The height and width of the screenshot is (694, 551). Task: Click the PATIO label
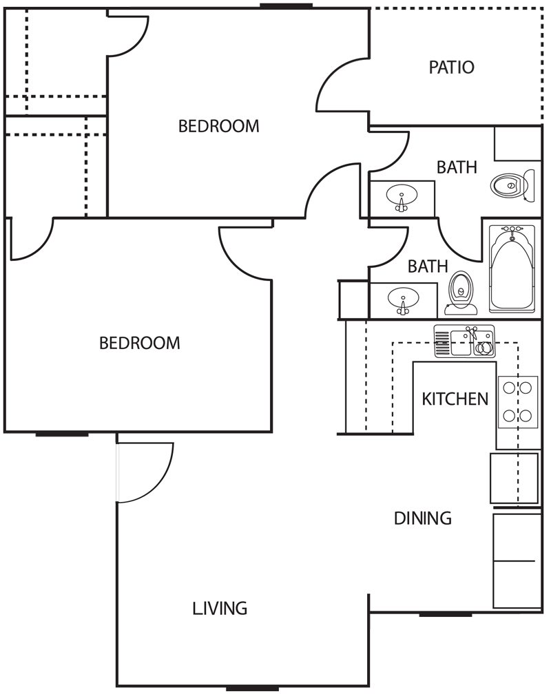pyautogui.click(x=452, y=67)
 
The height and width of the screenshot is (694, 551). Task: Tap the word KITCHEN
pyautogui.click(x=455, y=399)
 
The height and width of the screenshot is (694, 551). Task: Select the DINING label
pyautogui.click(x=422, y=518)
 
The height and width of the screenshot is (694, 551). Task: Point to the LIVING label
pyautogui.click(x=220, y=609)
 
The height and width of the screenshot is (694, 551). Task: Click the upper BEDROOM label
pyautogui.click(x=218, y=127)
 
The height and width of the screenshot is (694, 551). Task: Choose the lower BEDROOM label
pyautogui.click(x=140, y=343)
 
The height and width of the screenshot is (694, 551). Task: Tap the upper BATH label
pyautogui.click(x=457, y=167)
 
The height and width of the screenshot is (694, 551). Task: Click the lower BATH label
pyautogui.click(x=428, y=266)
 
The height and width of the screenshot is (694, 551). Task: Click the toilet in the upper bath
pyautogui.click(x=511, y=185)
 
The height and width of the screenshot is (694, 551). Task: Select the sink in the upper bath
pyautogui.click(x=401, y=196)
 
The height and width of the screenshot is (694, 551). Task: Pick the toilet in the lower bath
pyautogui.click(x=460, y=292)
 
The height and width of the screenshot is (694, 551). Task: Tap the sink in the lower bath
pyautogui.click(x=402, y=301)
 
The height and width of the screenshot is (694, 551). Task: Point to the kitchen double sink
pyautogui.click(x=464, y=341)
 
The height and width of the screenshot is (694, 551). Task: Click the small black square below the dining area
pyautogui.click(x=380, y=622)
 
